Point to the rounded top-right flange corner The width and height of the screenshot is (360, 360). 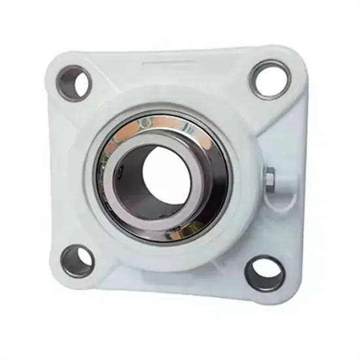point(288,56)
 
